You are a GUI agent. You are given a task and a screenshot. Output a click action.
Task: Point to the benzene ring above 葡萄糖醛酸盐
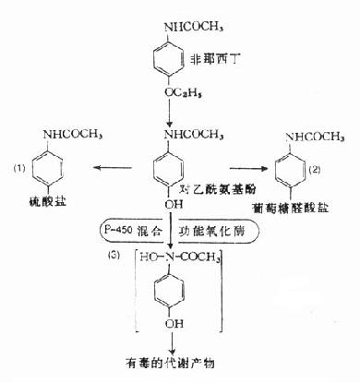(297, 173)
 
